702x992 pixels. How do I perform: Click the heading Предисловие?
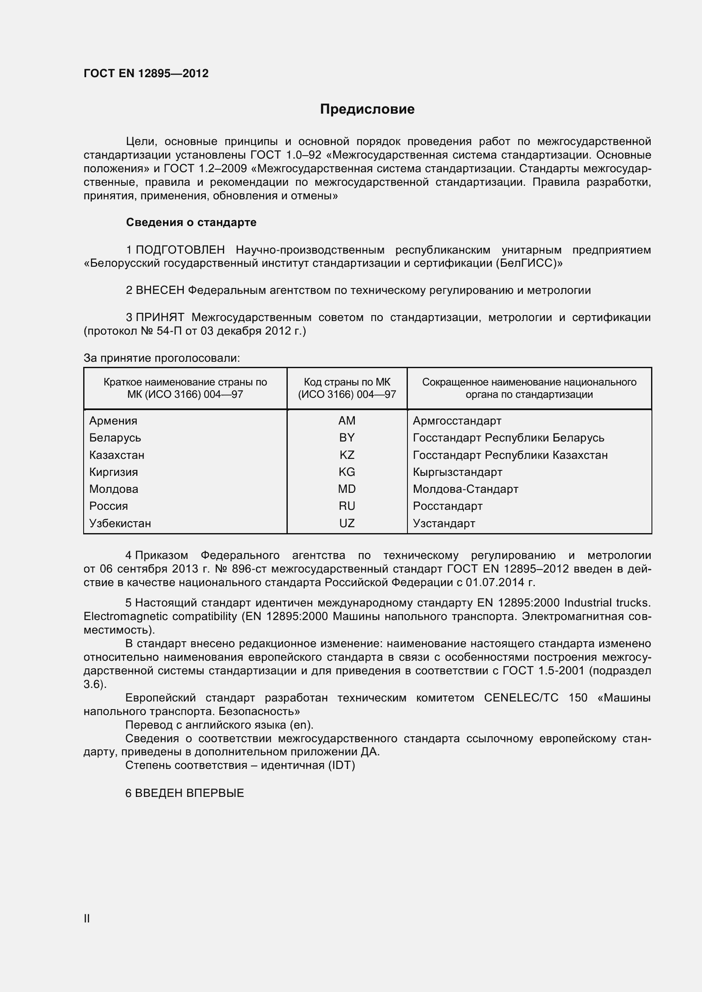[367, 109]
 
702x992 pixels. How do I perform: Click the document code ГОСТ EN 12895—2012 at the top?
[146, 73]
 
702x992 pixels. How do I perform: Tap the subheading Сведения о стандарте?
[191, 222]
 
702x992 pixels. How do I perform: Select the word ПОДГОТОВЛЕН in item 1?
[180, 250]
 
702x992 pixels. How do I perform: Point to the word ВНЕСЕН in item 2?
[160, 290]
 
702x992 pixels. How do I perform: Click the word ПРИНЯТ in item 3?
[160, 317]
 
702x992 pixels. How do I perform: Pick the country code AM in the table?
[347, 420]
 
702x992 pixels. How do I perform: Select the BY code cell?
[347, 438]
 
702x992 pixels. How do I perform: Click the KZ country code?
[347, 455]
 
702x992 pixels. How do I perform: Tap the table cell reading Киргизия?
[114, 472]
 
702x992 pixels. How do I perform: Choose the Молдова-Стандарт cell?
[465, 489]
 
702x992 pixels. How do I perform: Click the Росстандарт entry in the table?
[447, 506]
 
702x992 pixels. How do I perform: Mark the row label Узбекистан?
[120, 523]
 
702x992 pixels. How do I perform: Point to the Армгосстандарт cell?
[457, 420]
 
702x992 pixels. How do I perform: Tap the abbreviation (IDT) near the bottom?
[341, 765]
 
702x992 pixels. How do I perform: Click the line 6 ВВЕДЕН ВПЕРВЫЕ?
[185, 793]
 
